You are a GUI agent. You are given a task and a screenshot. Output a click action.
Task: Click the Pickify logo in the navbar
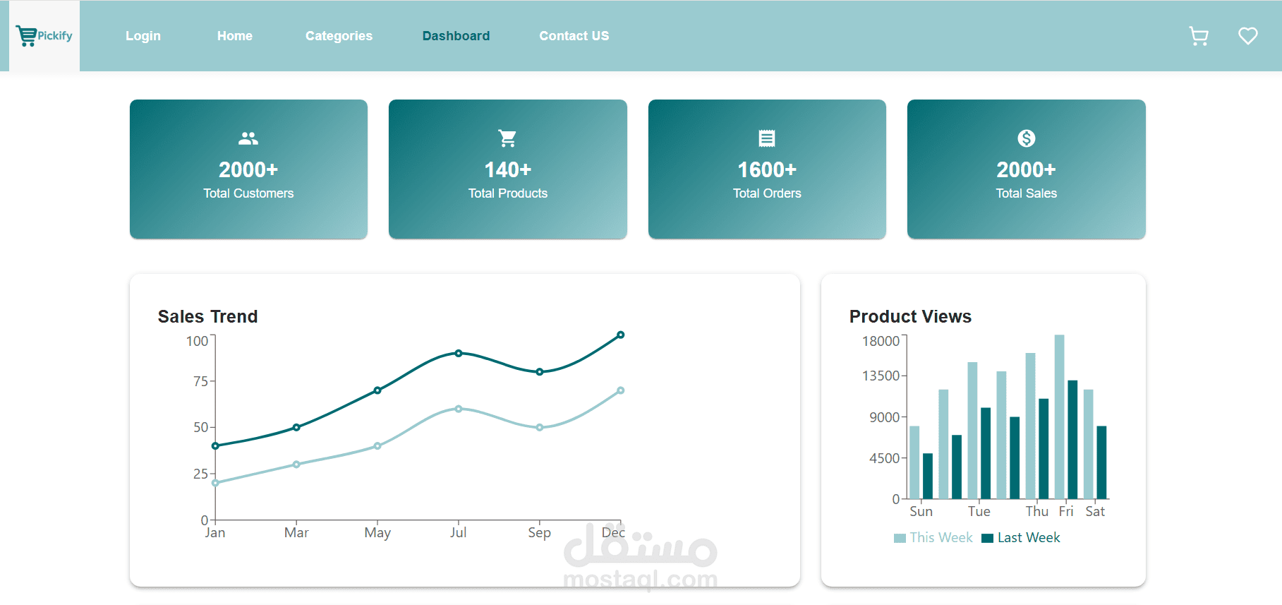click(x=44, y=35)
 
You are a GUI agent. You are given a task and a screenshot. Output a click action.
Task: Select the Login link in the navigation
click(x=143, y=36)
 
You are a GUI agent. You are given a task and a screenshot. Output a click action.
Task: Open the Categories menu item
click(x=339, y=36)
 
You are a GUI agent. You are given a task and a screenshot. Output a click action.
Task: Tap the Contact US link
click(x=574, y=36)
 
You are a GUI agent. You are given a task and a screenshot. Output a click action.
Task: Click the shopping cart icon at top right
click(x=1199, y=36)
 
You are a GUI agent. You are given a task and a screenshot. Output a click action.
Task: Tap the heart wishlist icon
click(x=1248, y=36)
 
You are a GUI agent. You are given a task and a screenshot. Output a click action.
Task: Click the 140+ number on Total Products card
click(x=508, y=169)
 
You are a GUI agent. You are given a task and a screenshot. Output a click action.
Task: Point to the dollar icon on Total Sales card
click(x=1027, y=138)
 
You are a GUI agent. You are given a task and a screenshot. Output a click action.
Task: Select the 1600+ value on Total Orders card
click(x=767, y=169)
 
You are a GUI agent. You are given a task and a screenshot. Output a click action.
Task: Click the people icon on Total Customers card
click(x=248, y=138)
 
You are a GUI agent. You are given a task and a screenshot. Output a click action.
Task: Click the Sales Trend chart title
click(x=207, y=316)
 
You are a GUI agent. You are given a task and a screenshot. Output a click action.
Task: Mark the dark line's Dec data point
click(x=620, y=335)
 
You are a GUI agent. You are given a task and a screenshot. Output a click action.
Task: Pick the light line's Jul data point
click(x=459, y=409)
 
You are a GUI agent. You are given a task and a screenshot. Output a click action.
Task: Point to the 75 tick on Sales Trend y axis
click(x=200, y=381)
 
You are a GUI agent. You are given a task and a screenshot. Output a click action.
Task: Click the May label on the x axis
click(x=377, y=532)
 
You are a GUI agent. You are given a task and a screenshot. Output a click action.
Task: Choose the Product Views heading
click(x=910, y=316)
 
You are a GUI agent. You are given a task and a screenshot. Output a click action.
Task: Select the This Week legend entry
click(x=933, y=538)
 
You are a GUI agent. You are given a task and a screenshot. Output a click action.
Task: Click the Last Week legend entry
click(x=1021, y=538)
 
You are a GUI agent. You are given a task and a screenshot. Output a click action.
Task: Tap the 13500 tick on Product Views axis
click(x=881, y=376)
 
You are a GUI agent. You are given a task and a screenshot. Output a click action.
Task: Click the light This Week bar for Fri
click(x=1059, y=417)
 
